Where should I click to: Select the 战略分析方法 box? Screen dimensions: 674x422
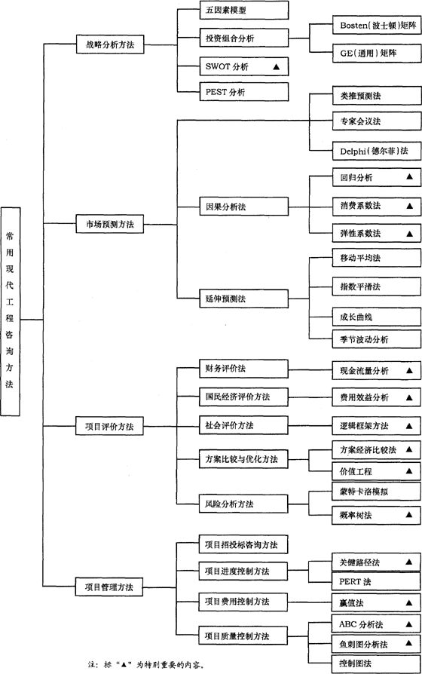pyautogui.click(x=110, y=44)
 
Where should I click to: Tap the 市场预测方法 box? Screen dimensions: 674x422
pyautogui.click(x=110, y=223)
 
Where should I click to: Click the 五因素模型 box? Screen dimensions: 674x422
pyautogui.click(x=233, y=11)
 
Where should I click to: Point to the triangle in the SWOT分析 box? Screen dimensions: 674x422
pyautogui.click(x=277, y=67)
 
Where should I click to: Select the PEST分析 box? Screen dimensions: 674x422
pyautogui.click(x=233, y=93)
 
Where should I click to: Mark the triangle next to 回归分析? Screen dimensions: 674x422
pyautogui.click(x=410, y=177)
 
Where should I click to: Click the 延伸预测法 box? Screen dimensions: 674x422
pyautogui.click(x=233, y=299)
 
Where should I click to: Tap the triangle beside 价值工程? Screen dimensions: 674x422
pyautogui.click(x=410, y=470)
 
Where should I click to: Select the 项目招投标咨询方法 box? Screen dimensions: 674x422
pyautogui.click(x=233, y=544)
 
